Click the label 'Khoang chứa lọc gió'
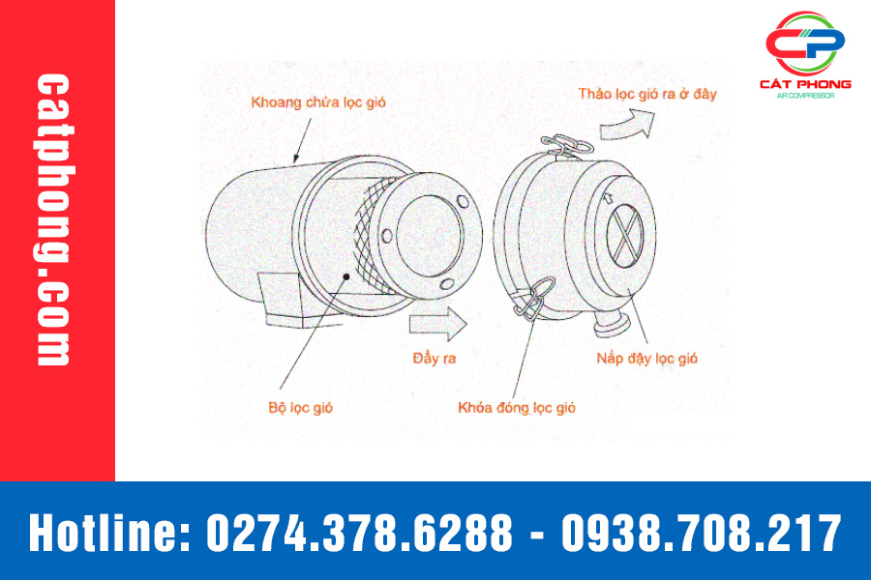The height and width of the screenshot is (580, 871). (x=318, y=102)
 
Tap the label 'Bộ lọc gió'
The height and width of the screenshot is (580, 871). (x=301, y=408)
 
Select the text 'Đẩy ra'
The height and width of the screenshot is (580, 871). (x=435, y=358)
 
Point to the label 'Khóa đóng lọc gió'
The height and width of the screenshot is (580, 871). (x=517, y=408)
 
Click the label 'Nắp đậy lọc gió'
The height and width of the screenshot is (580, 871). (x=647, y=359)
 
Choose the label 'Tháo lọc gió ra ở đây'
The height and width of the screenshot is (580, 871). (x=647, y=94)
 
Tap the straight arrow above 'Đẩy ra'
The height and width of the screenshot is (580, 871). (x=437, y=324)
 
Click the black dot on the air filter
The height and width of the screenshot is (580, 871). (x=346, y=276)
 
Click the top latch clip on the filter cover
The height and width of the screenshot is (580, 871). (x=566, y=145)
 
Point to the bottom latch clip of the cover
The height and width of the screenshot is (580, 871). (x=534, y=299)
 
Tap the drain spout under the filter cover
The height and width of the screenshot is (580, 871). (x=612, y=324)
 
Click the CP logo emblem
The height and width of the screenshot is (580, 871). (x=805, y=43)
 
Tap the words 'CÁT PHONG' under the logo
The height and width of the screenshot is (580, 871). (x=805, y=84)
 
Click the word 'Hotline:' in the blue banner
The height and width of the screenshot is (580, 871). (x=109, y=533)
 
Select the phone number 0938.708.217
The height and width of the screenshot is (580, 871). (x=702, y=533)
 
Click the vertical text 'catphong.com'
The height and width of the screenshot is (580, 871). (x=53, y=219)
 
